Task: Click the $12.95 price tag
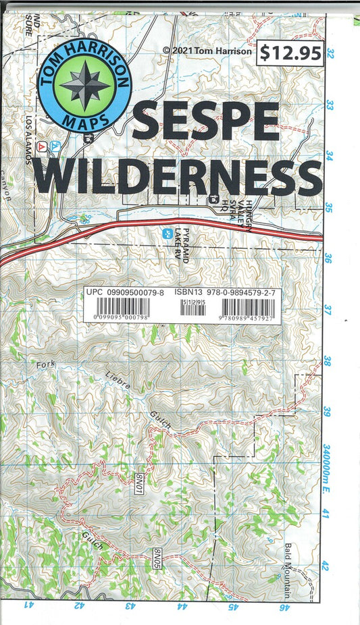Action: tap(290, 53)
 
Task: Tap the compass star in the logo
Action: tap(84, 86)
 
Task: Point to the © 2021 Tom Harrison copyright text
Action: tap(207, 50)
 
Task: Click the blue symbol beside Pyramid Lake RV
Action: tap(168, 234)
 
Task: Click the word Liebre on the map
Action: tap(116, 383)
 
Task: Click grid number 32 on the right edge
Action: tap(330, 53)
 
